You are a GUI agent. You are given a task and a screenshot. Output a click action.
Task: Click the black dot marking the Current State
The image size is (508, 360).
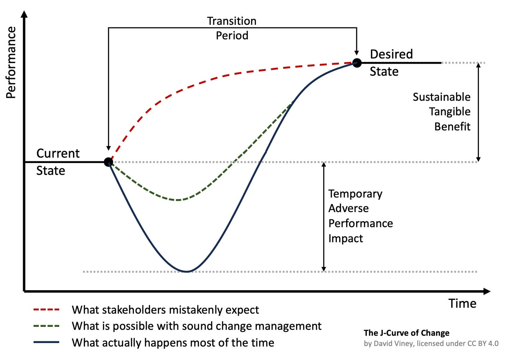tap(108, 162)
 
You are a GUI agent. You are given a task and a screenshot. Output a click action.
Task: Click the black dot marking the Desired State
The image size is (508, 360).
tap(357, 63)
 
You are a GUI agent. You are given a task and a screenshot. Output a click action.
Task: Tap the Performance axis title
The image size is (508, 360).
tap(11, 63)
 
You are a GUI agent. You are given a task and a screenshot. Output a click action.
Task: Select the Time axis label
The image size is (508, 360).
tap(462, 303)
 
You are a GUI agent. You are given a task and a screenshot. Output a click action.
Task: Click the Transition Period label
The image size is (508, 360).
tap(232, 28)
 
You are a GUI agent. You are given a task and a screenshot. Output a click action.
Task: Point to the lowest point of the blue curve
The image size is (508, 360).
tap(186, 271)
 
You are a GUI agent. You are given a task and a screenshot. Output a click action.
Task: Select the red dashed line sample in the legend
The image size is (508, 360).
tap(46, 310)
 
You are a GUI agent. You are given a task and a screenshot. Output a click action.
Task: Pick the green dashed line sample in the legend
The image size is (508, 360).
tap(46, 326)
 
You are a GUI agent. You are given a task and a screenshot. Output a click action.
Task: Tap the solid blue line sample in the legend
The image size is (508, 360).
tap(46, 342)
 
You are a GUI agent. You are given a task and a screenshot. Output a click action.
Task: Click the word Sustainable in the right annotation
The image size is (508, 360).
tap(441, 97)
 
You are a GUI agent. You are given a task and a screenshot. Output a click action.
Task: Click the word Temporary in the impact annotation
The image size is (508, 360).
tap(355, 194)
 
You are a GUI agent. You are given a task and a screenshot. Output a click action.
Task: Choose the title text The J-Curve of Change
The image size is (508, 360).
tap(406, 333)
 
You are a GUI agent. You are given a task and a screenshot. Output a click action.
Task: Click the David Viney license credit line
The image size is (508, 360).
tap(431, 343)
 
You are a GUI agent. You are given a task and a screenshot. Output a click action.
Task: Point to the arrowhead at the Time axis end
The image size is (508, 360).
tap(487, 291)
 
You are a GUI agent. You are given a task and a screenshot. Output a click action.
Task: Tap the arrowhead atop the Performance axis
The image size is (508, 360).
tap(24, 14)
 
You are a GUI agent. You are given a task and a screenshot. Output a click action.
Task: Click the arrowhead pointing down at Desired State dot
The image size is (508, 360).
tap(357, 52)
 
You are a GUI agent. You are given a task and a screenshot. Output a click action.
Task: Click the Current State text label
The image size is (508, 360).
tap(58, 162)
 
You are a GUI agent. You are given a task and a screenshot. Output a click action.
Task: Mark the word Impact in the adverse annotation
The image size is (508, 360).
tap(345, 238)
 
